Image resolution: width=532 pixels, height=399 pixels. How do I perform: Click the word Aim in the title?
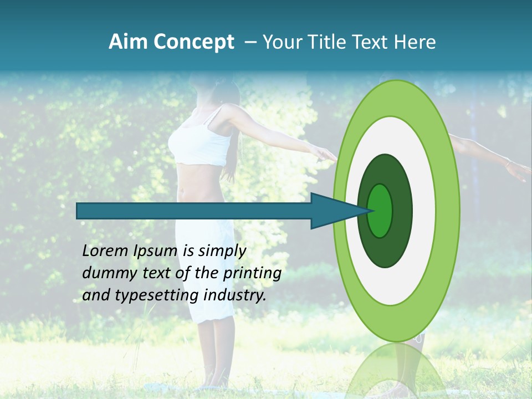tap(127, 42)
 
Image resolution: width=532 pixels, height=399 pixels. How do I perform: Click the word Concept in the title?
tap(194, 42)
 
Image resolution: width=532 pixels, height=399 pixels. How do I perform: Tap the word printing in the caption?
tap(252, 273)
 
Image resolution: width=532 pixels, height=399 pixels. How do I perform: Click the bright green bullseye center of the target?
tap(380, 211)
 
